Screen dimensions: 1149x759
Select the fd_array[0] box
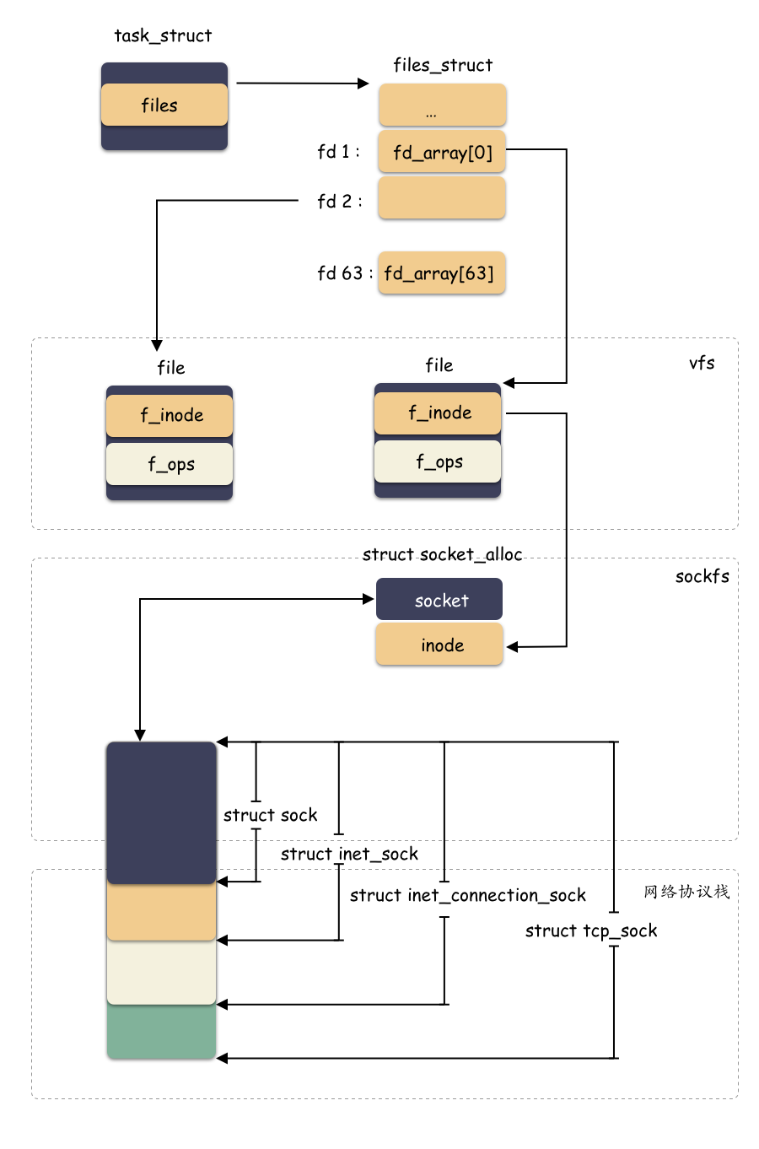click(x=442, y=152)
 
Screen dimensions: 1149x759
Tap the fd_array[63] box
click(x=441, y=273)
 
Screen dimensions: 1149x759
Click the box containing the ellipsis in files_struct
click(x=442, y=105)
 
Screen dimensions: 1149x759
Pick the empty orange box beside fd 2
click(x=442, y=198)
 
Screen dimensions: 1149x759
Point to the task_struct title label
click(x=163, y=35)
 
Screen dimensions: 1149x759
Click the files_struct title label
click(x=443, y=65)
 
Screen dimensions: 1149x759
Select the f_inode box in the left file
click(x=170, y=415)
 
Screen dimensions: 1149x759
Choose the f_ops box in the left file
click(x=170, y=464)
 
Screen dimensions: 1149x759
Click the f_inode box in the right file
click(x=438, y=413)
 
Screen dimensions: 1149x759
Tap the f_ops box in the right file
click(x=438, y=461)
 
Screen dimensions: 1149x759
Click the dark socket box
click(x=439, y=600)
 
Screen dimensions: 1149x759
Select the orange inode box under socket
click(x=439, y=645)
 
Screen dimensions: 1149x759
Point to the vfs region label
click(x=702, y=363)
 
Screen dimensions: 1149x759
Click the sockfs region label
click(x=702, y=576)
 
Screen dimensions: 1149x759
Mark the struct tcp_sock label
click(x=590, y=931)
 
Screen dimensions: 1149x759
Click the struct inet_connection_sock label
click(x=467, y=895)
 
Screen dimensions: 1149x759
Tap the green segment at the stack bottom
click(x=161, y=1032)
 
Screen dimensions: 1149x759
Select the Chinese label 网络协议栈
click(x=686, y=892)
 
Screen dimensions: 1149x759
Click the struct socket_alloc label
click(x=442, y=554)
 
